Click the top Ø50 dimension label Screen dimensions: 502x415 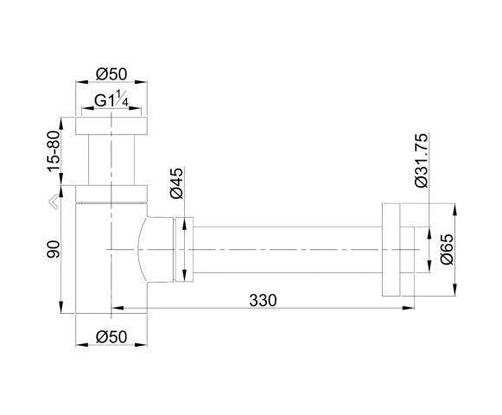coord(111,74)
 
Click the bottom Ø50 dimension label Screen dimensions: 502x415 coord(111,337)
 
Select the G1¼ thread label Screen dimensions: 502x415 coord(111,99)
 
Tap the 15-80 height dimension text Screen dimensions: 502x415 coord(54,151)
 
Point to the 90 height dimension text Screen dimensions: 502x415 coord(54,249)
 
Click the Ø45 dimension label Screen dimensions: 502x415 coord(177,183)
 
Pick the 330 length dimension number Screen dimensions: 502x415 coord(263,301)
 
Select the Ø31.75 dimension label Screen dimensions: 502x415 coord(421,160)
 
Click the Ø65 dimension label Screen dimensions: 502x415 coord(447,249)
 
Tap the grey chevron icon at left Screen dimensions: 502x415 coord(54,202)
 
